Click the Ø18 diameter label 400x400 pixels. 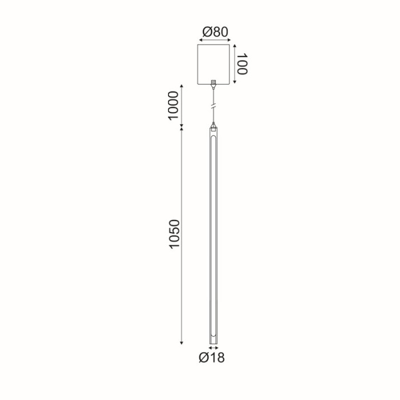[212, 359]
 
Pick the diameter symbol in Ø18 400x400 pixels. [204, 359]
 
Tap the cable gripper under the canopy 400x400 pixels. [214, 83]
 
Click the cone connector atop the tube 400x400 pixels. [214, 125]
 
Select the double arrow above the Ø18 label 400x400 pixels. [214, 347]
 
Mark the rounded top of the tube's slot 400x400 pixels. [214, 139]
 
